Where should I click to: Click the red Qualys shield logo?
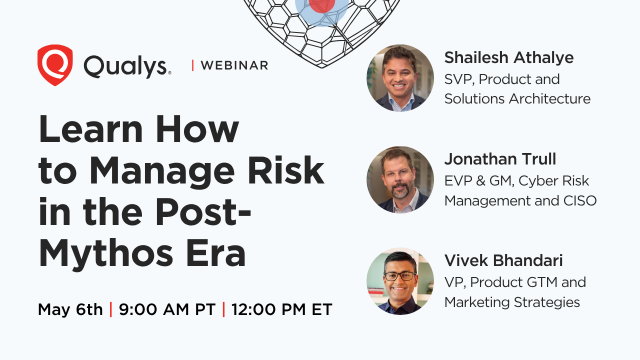(55, 65)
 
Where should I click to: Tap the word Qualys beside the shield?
(127, 65)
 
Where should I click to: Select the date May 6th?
(70, 308)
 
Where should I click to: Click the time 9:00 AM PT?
(165, 308)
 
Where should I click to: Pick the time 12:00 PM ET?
(282, 308)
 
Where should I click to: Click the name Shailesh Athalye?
(516, 58)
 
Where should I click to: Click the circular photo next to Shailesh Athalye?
(399, 77)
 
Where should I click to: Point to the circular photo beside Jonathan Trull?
(399, 179)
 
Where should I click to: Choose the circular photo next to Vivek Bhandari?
(399, 281)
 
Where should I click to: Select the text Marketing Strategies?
(512, 302)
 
